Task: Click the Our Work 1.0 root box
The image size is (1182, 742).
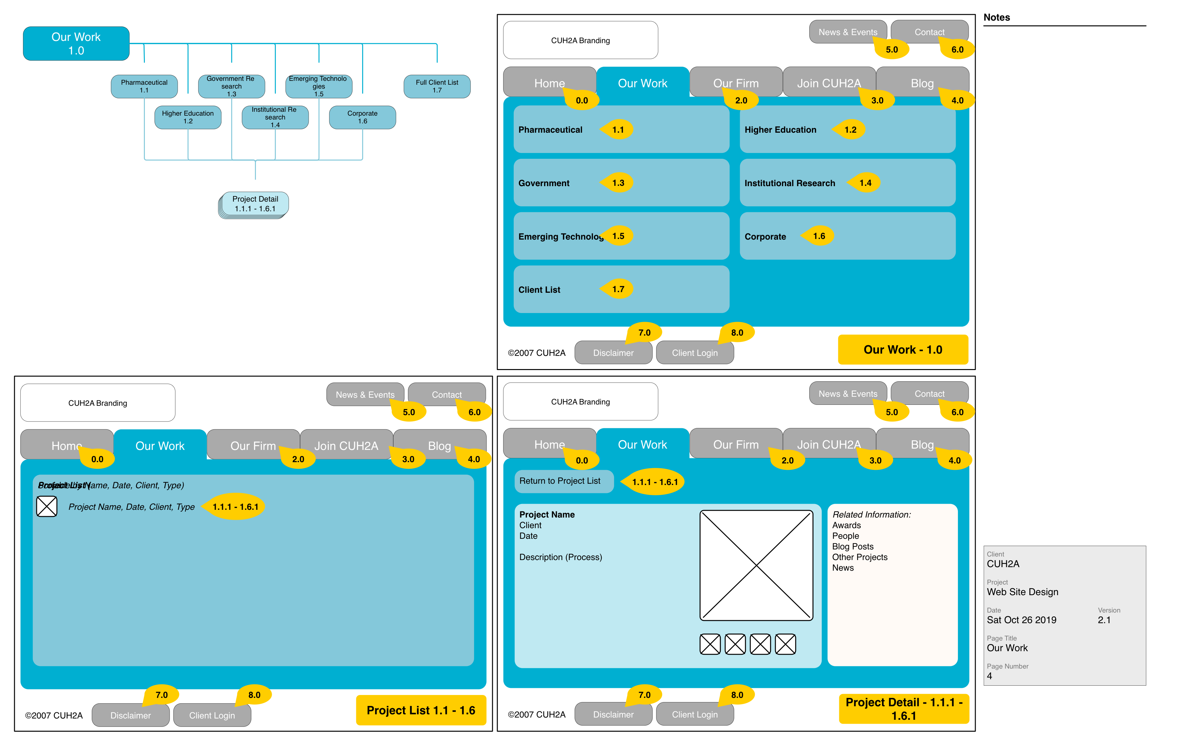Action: (76, 44)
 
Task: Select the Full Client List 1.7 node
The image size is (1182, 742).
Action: (436, 86)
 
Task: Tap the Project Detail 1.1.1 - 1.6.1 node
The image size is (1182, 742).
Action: (255, 204)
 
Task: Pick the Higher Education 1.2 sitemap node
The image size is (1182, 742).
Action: (188, 117)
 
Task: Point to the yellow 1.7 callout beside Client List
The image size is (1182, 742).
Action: (617, 289)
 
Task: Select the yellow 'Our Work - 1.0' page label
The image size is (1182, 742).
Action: (903, 350)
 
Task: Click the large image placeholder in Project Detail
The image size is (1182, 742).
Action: (756, 565)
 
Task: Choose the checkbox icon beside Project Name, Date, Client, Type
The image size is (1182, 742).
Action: (47, 507)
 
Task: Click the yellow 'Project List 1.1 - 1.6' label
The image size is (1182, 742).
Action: (420, 710)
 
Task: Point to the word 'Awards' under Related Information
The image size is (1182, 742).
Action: (846, 525)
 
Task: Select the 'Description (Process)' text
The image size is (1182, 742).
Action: (560, 557)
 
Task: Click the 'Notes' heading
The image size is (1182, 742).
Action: (996, 18)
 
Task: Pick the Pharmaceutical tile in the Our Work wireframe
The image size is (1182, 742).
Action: (620, 129)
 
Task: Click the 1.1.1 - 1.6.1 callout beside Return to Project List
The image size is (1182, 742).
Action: (654, 482)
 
